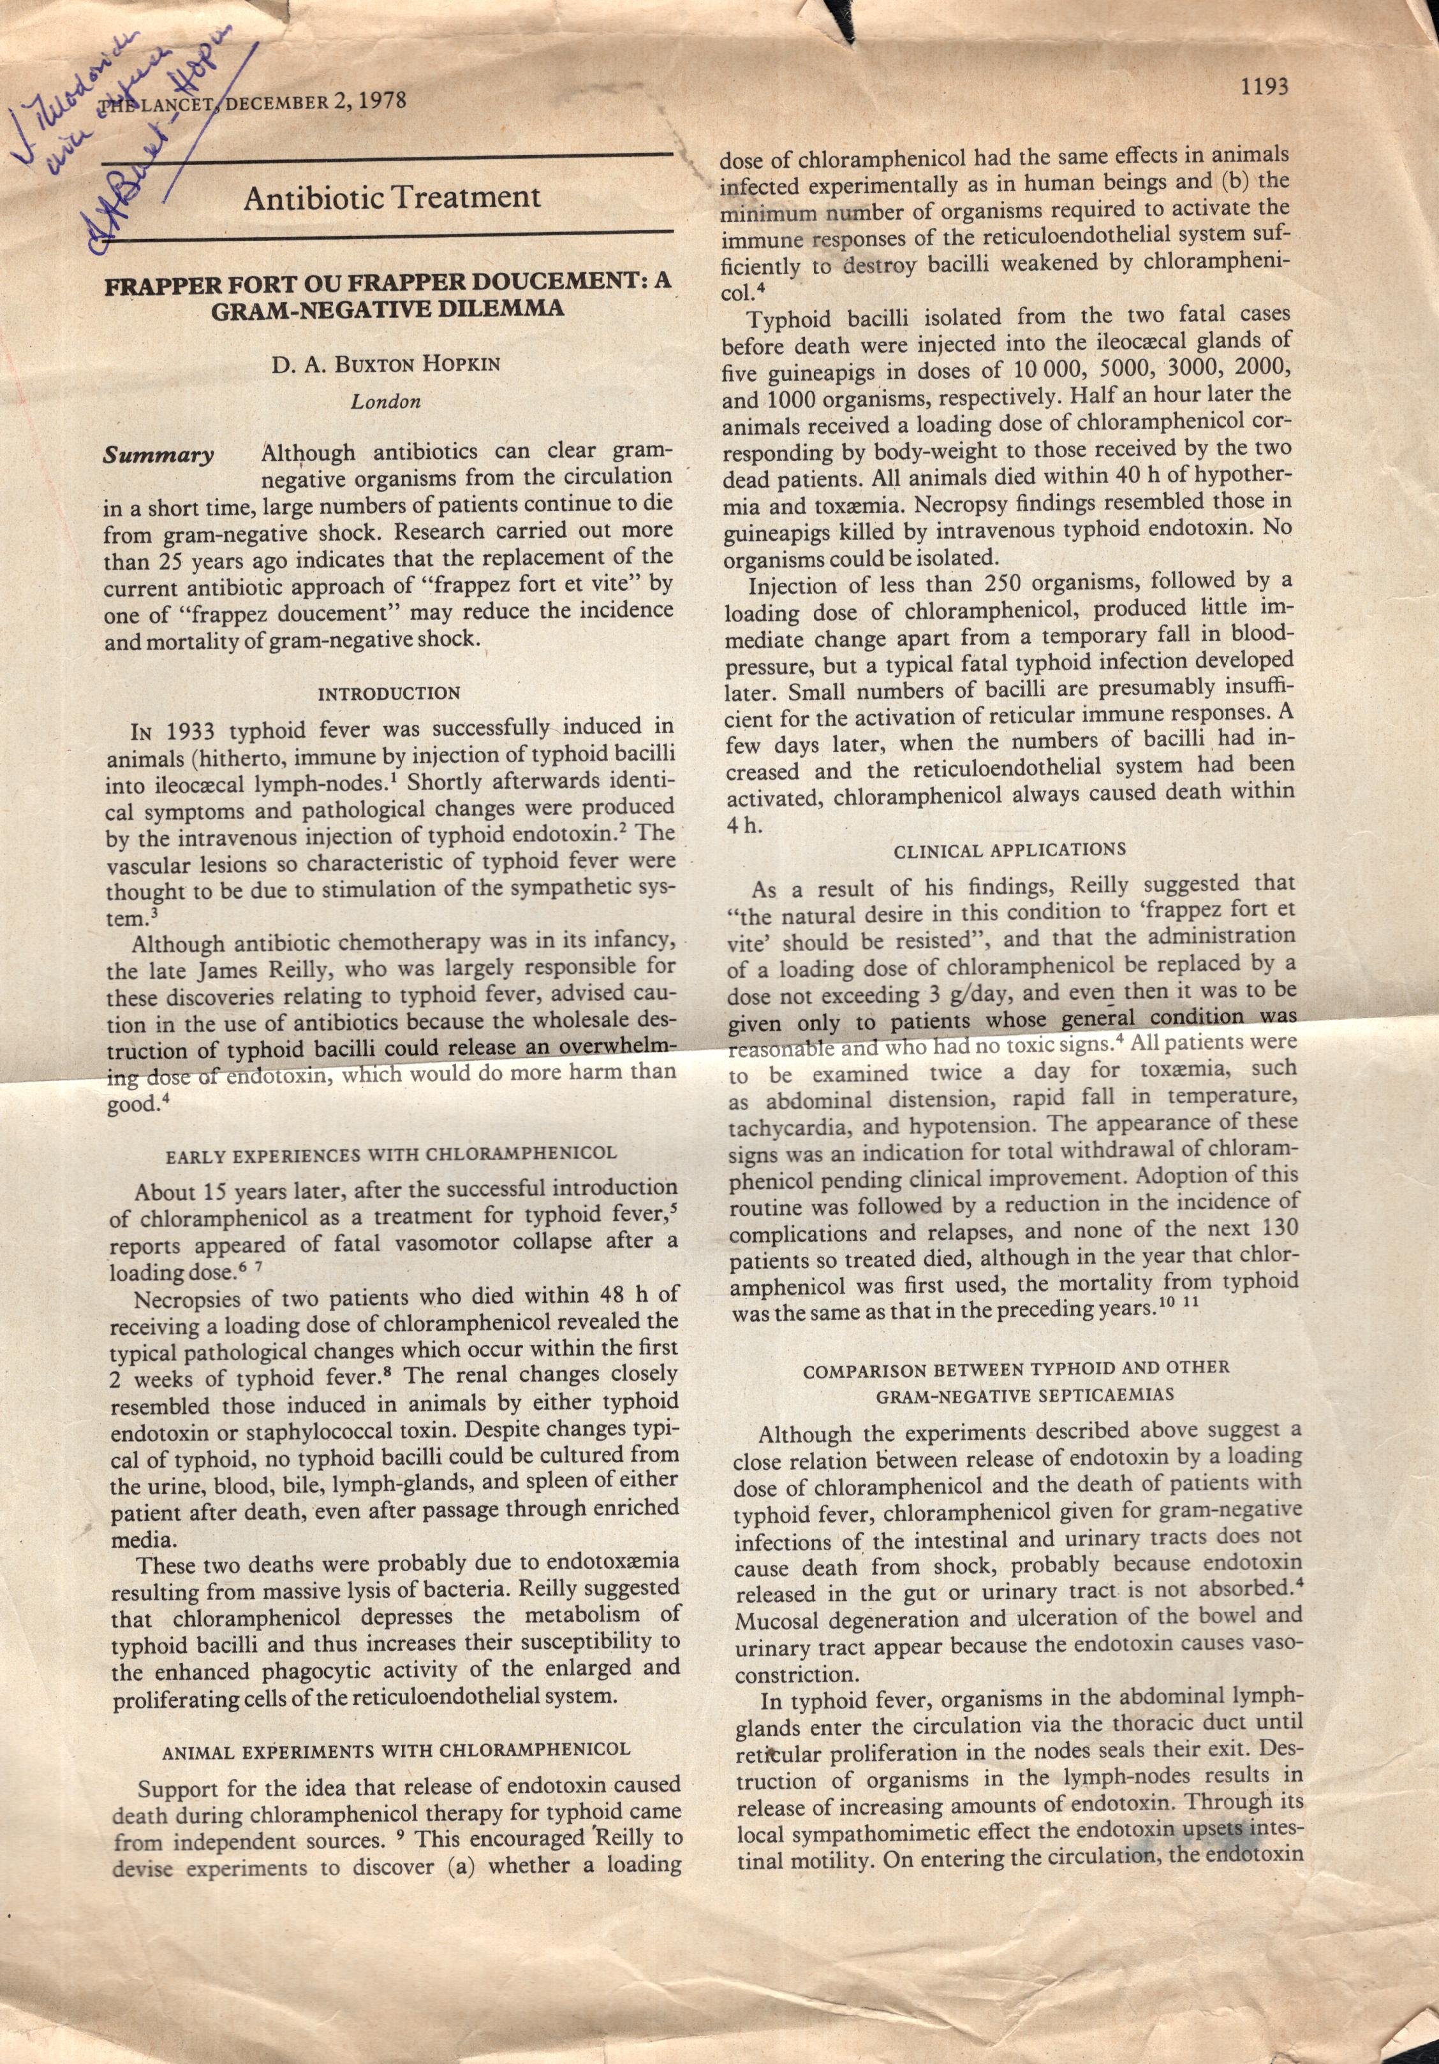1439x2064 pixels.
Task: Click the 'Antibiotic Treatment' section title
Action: (392, 197)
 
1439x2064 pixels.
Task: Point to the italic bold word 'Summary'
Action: (158, 455)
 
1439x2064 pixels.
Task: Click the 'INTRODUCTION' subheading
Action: (390, 693)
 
